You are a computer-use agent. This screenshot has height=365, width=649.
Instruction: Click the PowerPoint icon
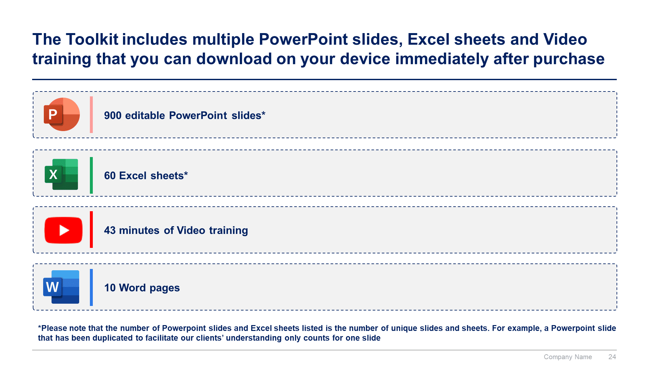tap(62, 114)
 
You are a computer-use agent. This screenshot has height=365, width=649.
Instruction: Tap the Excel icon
tap(61, 174)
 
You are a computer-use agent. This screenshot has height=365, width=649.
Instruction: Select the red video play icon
tap(63, 230)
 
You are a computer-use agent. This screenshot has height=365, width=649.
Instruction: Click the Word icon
tap(61, 287)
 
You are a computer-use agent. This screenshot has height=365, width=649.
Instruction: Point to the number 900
tap(113, 116)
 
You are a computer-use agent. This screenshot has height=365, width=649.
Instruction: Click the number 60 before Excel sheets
tap(110, 176)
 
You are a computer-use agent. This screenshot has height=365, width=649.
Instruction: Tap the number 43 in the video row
tap(110, 230)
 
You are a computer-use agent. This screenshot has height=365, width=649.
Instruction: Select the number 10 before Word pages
tap(110, 288)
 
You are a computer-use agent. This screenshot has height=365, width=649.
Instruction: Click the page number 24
tap(612, 357)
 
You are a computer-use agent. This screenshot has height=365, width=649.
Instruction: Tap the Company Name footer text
tap(568, 357)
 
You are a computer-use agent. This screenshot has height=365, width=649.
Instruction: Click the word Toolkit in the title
tap(92, 39)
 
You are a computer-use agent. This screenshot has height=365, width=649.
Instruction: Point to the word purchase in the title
tap(569, 59)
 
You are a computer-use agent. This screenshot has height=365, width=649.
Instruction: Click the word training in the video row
tap(228, 231)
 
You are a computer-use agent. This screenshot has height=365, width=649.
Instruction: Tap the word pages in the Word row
tap(165, 288)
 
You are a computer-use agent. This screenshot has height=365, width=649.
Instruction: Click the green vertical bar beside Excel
tap(91, 175)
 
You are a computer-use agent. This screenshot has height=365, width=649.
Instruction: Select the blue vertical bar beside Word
tap(91, 287)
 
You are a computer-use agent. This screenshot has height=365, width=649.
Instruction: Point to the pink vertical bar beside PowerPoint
tap(91, 115)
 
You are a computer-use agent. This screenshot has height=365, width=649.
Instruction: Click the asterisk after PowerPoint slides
tap(263, 113)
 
